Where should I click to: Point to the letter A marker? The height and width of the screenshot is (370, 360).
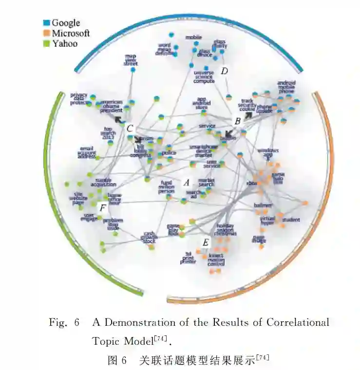(x=186, y=183)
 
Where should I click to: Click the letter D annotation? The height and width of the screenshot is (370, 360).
(x=225, y=71)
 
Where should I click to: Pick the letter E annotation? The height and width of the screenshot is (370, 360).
(x=206, y=242)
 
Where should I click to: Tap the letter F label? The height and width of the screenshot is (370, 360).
(x=102, y=208)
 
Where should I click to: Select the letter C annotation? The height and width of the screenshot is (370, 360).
(x=130, y=129)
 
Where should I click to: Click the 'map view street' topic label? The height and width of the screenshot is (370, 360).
(x=131, y=60)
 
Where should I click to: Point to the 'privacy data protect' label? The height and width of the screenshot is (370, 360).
(x=78, y=99)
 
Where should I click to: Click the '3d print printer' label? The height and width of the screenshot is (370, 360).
(x=189, y=258)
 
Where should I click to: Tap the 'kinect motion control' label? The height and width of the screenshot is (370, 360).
(x=216, y=259)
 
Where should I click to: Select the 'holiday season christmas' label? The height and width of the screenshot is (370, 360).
(x=227, y=230)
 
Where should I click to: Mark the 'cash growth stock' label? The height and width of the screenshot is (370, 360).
(x=149, y=238)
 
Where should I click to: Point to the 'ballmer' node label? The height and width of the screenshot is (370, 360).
(x=263, y=206)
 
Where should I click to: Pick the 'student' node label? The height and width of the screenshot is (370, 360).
(x=291, y=220)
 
